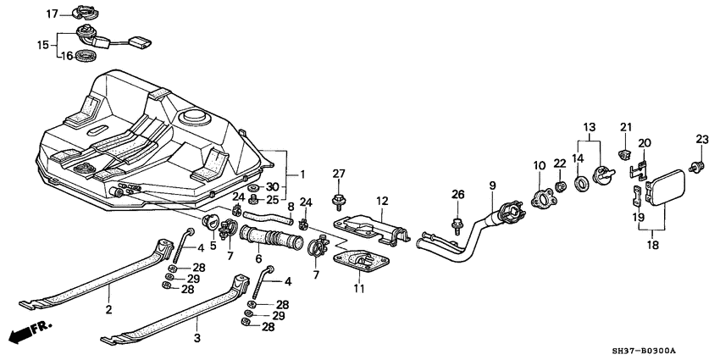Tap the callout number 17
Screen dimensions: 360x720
click(52, 14)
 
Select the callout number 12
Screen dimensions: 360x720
click(382, 201)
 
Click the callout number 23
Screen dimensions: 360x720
click(701, 139)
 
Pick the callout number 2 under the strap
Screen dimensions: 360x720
click(108, 311)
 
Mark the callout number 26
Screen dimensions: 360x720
click(457, 194)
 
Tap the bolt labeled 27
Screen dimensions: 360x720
click(339, 202)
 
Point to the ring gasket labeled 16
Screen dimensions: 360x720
click(85, 57)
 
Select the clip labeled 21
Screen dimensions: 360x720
click(624, 153)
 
